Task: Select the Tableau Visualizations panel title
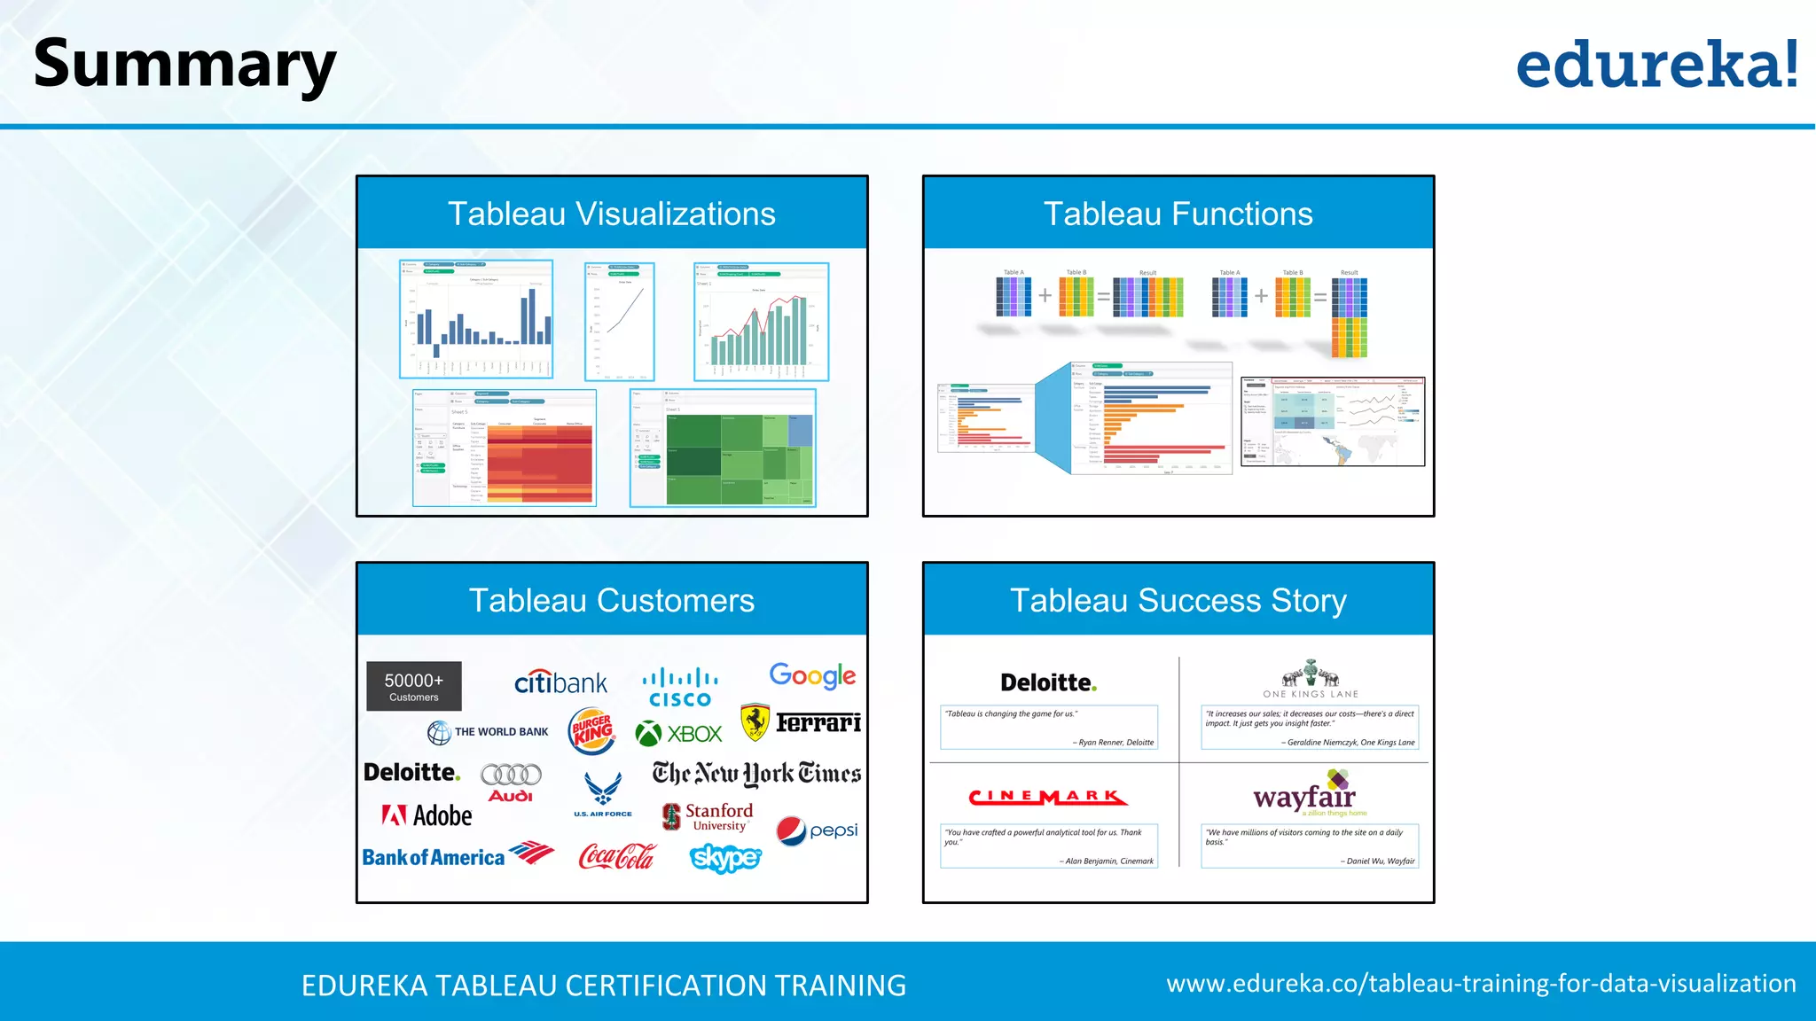[612, 214]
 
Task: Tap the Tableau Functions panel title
[1178, 214]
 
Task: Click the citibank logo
[560, 682]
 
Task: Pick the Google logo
[812, 676]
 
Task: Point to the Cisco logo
[680, 688]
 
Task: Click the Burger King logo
[592, 730]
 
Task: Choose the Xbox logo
[679, 734]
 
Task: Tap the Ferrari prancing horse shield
[755, 722]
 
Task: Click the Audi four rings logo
[511, 775]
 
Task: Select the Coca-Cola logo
[616, 857]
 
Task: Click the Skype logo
[725, 858]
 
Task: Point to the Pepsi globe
[791, 831]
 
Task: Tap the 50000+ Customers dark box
[414, 686]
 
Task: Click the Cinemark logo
[1048, 798]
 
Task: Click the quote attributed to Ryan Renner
[1049, 727]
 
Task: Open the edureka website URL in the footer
[1481, 984]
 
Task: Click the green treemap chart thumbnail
[740, 459]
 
